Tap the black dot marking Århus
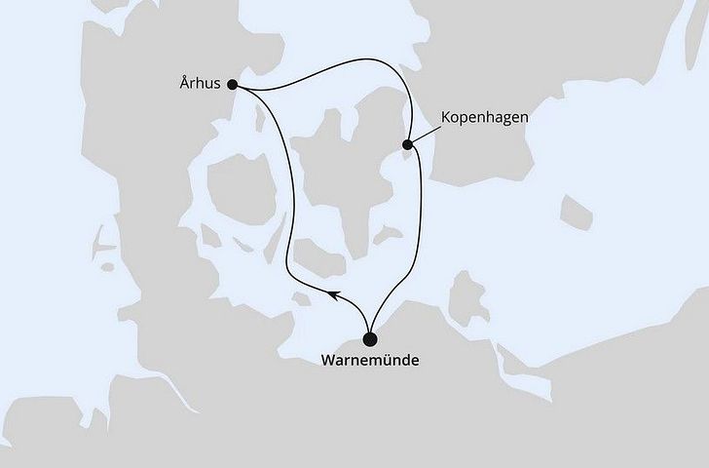click(233, 85)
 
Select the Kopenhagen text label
click(483, 117)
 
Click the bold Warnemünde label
click(370, 361)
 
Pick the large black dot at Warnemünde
click(370, 339)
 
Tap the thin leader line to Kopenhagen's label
click(426, 135)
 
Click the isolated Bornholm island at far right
click(577, 212)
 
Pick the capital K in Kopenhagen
click(445, 117)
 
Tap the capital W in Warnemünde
click(328, 361)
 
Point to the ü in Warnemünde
click(390, 361)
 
